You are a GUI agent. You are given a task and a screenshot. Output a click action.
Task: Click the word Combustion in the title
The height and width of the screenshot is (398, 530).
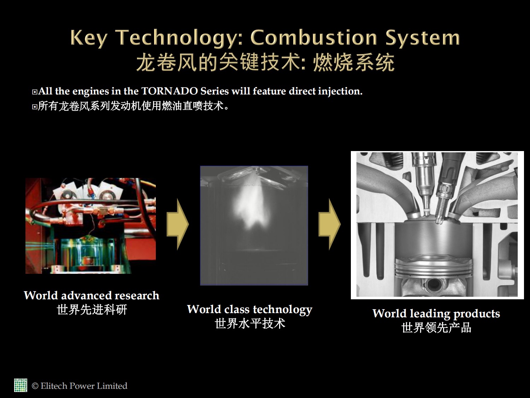coord(314,38)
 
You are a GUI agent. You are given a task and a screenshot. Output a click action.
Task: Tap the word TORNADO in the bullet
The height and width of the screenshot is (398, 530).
coord(170,91)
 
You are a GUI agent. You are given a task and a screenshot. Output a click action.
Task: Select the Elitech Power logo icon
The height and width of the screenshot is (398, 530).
coord(20,385)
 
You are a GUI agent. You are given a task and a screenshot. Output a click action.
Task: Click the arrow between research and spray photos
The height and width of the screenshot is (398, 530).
coord(178,224)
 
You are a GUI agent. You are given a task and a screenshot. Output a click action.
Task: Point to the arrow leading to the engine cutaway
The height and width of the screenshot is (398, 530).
coord(329,224)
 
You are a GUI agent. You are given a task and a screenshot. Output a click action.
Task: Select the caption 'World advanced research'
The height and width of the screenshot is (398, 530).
coord(92,295)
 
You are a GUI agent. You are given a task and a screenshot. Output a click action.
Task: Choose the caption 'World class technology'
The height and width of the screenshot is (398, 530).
coord(250,310)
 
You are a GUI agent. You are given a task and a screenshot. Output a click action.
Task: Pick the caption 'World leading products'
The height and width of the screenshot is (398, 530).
coord(436,314)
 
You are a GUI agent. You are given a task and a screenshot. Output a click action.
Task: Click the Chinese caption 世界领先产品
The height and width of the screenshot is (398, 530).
coord(436,328)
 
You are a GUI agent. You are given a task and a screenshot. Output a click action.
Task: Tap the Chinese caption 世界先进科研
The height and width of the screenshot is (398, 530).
coord(92,310)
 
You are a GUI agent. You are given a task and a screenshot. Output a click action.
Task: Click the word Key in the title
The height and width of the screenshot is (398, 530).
coord(89,38)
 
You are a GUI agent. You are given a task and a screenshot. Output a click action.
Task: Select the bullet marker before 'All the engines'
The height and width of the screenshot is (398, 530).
coord(35,92)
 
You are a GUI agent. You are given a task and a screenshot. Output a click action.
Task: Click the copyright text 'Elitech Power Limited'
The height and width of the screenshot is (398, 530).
coord(84,386)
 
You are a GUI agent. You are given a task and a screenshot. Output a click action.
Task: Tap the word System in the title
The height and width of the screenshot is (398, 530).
coord(423,38)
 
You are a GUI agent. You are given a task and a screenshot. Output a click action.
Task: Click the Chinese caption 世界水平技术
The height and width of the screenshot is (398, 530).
coord(250,324)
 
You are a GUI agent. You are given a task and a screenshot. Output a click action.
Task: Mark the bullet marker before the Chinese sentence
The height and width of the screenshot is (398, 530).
coord(35,107)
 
